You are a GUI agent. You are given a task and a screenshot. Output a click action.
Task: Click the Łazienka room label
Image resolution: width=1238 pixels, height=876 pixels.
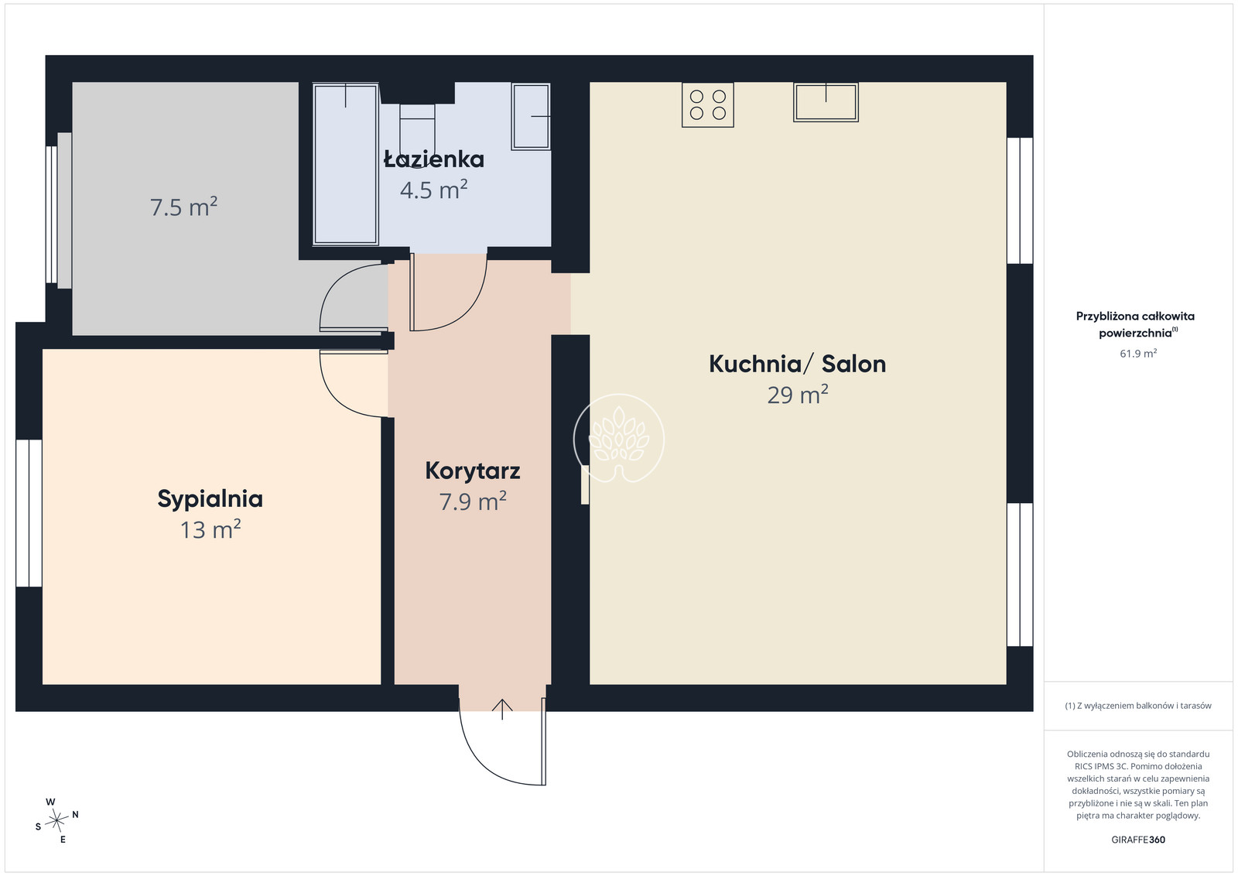tap(434, 159)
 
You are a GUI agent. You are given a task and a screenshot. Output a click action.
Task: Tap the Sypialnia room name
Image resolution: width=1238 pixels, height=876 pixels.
tap(210, 500)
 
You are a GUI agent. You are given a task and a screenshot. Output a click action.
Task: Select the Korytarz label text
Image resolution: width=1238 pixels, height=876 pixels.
tap(473, 471)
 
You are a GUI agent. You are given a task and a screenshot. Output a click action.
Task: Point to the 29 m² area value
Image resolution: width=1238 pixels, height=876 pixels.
tap(798, 395)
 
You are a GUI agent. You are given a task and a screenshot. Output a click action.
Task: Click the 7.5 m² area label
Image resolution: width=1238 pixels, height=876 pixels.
tap(183, 207)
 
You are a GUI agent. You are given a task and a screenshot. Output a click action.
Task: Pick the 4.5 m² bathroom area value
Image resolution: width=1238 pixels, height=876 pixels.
tap(434, 190)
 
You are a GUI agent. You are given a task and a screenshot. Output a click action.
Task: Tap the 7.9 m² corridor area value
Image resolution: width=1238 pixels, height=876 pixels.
tap(473, 501)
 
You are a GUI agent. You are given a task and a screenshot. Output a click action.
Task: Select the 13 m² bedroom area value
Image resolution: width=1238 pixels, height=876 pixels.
tap(210, 529)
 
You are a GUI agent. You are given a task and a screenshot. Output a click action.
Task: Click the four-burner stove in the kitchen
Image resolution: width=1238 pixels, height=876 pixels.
tap(707, 105)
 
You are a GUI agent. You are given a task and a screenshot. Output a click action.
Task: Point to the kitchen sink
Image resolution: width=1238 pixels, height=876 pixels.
tap(826, 102)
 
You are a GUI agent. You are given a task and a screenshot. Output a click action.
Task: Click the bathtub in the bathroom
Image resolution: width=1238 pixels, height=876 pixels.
tap(345, 164)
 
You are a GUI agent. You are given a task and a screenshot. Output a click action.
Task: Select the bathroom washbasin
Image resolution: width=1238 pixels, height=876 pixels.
tap(531, 116)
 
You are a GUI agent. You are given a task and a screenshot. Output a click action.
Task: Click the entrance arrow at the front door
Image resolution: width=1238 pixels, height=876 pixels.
tap(502, 709)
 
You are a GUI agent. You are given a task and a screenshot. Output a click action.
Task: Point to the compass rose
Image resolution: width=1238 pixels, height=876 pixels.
tap(56, 821)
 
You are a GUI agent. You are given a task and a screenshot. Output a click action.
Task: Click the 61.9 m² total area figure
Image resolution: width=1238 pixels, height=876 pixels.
tap(1138, 353)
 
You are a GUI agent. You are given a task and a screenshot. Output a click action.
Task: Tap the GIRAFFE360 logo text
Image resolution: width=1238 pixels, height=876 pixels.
tap(1138, 840)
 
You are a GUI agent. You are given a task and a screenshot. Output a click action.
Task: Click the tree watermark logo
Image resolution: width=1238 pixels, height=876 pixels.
tap(619, 438)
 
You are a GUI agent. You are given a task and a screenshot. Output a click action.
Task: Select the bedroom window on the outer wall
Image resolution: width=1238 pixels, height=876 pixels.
tap(29, 513)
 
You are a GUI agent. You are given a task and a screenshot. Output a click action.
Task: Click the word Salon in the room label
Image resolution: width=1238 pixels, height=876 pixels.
tap(853, 364)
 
